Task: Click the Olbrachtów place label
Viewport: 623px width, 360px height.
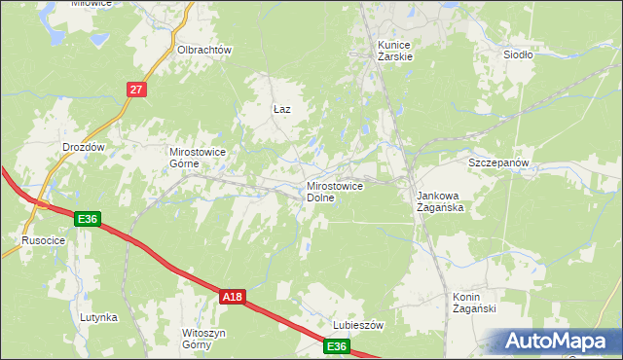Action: [x=203, y=50]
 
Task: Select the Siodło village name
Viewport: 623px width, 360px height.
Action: [x=518, y=54]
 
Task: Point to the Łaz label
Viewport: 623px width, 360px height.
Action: [x=281, y=110]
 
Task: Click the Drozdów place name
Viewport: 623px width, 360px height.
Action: [x=83, y=147]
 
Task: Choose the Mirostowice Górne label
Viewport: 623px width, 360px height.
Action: [x=199, y=158]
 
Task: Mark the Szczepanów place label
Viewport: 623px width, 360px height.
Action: [x=498, y=162]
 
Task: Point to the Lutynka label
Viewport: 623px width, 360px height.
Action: [x=99, y=317]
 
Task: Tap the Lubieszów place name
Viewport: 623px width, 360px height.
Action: [x=360, y=325]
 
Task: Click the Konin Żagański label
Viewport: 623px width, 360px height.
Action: [x=474, y=303]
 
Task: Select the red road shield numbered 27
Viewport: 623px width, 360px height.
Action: [x=136, y=90]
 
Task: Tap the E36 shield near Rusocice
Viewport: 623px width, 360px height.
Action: [x=88, y=219]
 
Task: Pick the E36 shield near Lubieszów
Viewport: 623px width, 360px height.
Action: [x=336, y=346]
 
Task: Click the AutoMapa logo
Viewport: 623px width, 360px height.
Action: [x=561, y=342]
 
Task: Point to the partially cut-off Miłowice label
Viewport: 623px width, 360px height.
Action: [x=92, y=4]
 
